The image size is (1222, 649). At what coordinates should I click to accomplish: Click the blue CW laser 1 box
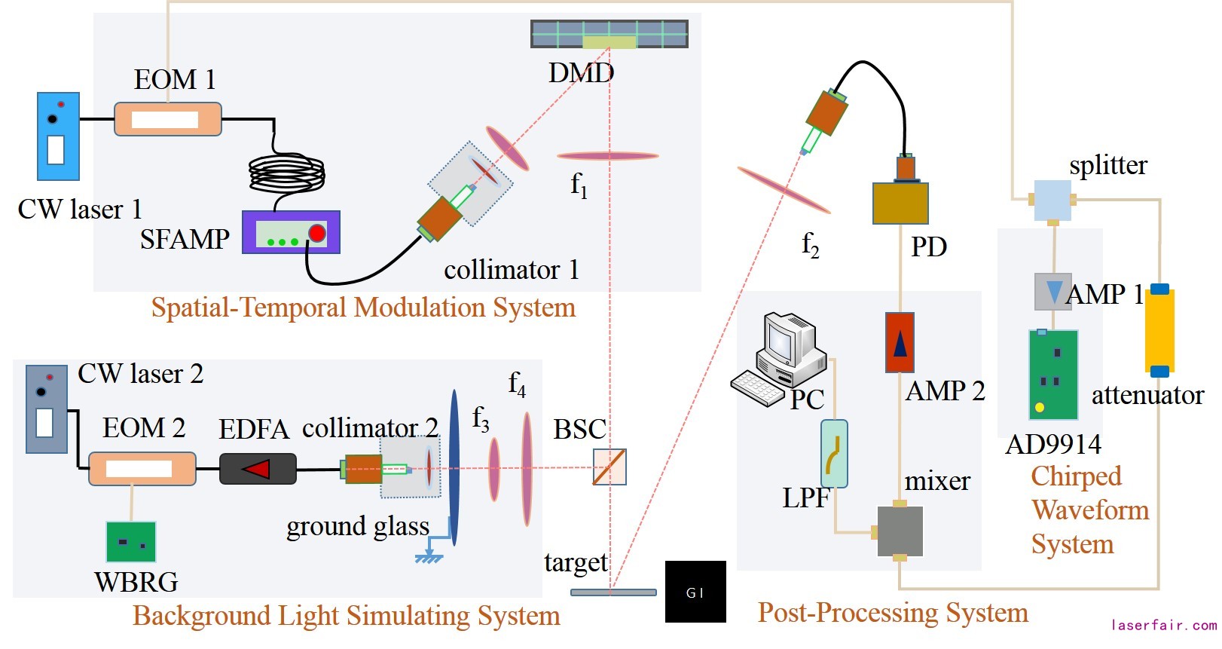[59, 136]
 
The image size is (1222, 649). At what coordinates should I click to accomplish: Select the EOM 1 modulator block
[167, 119]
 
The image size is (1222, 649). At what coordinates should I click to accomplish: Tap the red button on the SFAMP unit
[317, 233]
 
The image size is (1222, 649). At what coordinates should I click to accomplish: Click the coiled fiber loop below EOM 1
[286, 175]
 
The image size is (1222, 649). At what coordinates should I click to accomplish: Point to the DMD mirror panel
[609, 35]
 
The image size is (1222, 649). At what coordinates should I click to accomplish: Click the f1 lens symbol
[607, 156]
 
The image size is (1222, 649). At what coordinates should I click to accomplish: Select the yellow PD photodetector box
[900, 203]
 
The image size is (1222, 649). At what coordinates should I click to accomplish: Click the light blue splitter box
[1052, 200]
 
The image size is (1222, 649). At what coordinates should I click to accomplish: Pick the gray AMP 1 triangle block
[1052, 292]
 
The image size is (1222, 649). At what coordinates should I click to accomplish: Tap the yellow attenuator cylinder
[1159, 330]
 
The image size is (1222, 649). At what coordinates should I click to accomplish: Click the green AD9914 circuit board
[1053, 375]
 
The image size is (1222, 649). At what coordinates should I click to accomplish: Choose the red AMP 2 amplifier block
[900, 343]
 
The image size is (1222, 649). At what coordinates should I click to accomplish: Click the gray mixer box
[900, 531]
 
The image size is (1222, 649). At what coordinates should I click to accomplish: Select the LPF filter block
[834, 454]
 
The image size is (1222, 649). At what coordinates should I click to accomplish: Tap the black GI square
[695, 592]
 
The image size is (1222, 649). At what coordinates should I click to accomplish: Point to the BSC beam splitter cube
[609, 467]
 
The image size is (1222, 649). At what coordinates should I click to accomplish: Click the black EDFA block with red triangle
[258, 469]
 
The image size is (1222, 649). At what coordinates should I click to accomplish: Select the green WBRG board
[131, 542]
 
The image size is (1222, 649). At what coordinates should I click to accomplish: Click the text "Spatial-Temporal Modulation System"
[363, 308]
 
